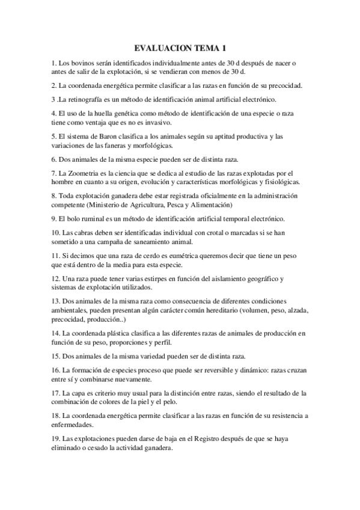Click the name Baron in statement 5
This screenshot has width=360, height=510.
106,136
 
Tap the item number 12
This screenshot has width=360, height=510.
55,278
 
